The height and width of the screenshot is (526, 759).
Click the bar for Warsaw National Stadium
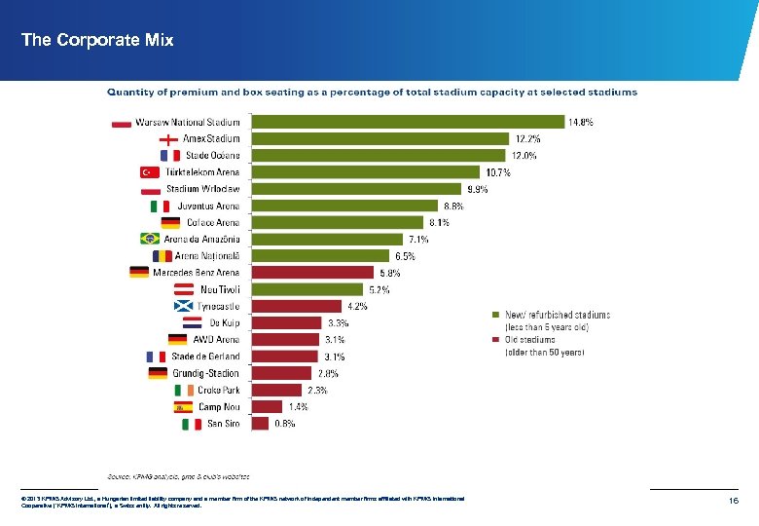coord(408,122)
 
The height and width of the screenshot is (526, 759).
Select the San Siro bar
coord(261,424)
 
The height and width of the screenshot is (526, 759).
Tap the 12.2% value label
coord(528,138)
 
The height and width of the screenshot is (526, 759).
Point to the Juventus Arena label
coord(208,206)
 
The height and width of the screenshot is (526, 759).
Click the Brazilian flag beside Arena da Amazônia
coord(150,239)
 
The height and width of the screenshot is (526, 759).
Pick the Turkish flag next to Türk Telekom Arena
coord(150,172)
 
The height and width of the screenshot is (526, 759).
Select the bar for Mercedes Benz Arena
coord(312,273)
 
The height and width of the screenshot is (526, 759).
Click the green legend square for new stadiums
coord(494,315)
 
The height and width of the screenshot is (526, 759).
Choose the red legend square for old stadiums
coord(494,340)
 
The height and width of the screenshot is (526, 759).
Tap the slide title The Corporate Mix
coord(97,40)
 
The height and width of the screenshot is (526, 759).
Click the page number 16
coord(735,499)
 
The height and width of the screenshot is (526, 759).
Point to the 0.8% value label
coord(284,424)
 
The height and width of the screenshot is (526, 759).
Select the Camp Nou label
coord(219,406)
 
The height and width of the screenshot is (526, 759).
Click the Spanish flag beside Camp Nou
coord(183,407)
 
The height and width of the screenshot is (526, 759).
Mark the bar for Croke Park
coord(279,390)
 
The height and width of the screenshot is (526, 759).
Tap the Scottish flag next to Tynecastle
coord(183,306)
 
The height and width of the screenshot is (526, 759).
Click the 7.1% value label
coord(418,239)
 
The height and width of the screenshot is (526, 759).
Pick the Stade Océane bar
coord(379,155)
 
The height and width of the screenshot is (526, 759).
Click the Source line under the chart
coord(177,476)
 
